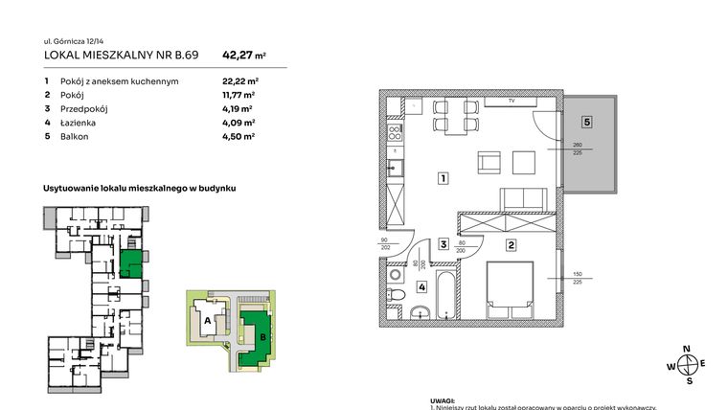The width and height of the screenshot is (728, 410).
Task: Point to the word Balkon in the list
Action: click(72, 137)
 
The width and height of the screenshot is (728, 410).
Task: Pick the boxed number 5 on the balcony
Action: click(587, 122)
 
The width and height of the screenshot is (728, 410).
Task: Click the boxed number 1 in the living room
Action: click(444, 177)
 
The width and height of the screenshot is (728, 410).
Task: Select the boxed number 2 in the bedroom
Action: click(512, 245)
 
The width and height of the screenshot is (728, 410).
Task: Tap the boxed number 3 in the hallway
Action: click(444, 245)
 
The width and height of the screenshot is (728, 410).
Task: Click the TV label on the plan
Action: click(512, 101)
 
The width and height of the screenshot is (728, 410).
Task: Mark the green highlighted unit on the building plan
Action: click(134, 262)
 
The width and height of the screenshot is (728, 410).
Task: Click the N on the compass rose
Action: click(686, 349)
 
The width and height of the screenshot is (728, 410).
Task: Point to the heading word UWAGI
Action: click(442, 402)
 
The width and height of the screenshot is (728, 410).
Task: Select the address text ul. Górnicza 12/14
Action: click(73, 40)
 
